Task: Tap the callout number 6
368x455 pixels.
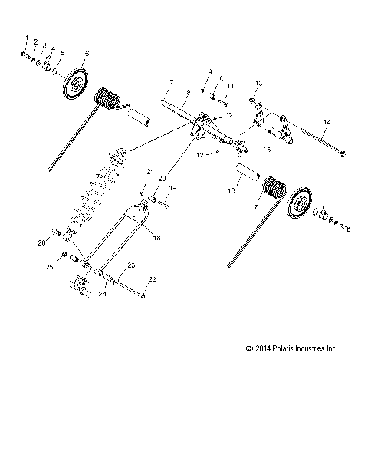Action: pos(87,53)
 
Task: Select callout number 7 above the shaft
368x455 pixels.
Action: pos(172,81)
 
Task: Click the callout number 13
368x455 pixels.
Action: pos(258,82)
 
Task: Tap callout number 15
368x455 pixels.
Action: pos(268,150)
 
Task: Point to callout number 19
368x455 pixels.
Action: pos(172,188)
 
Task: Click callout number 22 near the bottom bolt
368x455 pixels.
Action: pos(152,279)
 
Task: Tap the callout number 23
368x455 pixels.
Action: pos(131,265)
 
